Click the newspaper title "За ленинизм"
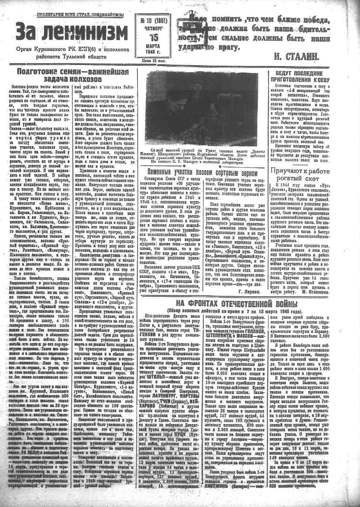[x=72, y=32]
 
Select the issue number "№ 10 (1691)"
[x=155, y=20]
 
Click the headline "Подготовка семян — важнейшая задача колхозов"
[x=72, y=75]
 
